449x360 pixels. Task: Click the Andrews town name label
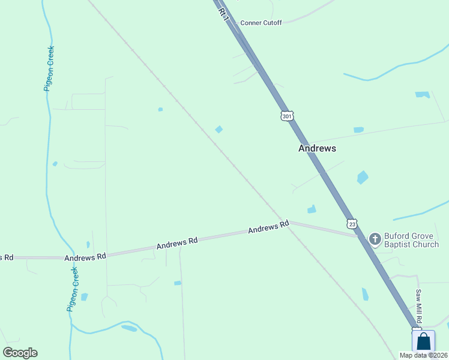coord(317,148)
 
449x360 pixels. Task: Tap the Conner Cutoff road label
coord(261,23)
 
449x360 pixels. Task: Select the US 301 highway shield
coord(286,115)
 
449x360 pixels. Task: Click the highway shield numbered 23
coord(352,223)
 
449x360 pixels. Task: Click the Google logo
coord(20,353)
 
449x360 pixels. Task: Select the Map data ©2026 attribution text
coord(423,355)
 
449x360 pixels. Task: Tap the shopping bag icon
coord(423,341)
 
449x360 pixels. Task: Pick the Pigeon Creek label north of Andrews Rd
coord(49,68)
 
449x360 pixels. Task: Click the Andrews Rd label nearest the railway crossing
coord(268,228)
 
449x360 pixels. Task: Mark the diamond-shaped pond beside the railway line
coord(219,129)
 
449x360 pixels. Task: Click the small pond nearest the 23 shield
coord(312,209)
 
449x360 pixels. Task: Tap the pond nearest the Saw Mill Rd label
coord(365,294)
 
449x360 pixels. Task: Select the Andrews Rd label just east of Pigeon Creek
coord(85,256)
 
